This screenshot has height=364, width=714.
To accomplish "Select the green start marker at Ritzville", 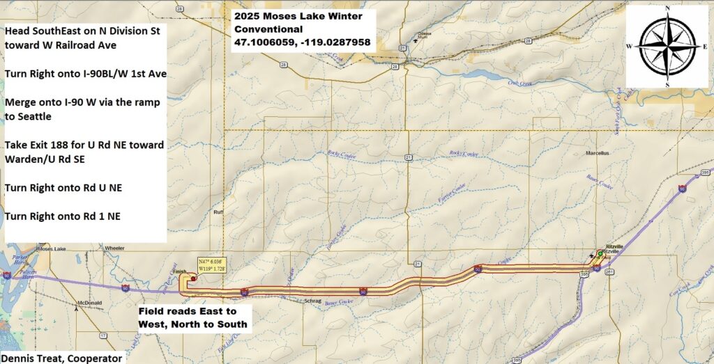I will (599, 254).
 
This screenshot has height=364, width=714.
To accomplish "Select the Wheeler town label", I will (114, 248).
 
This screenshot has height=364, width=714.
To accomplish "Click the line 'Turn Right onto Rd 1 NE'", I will (62, 216).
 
